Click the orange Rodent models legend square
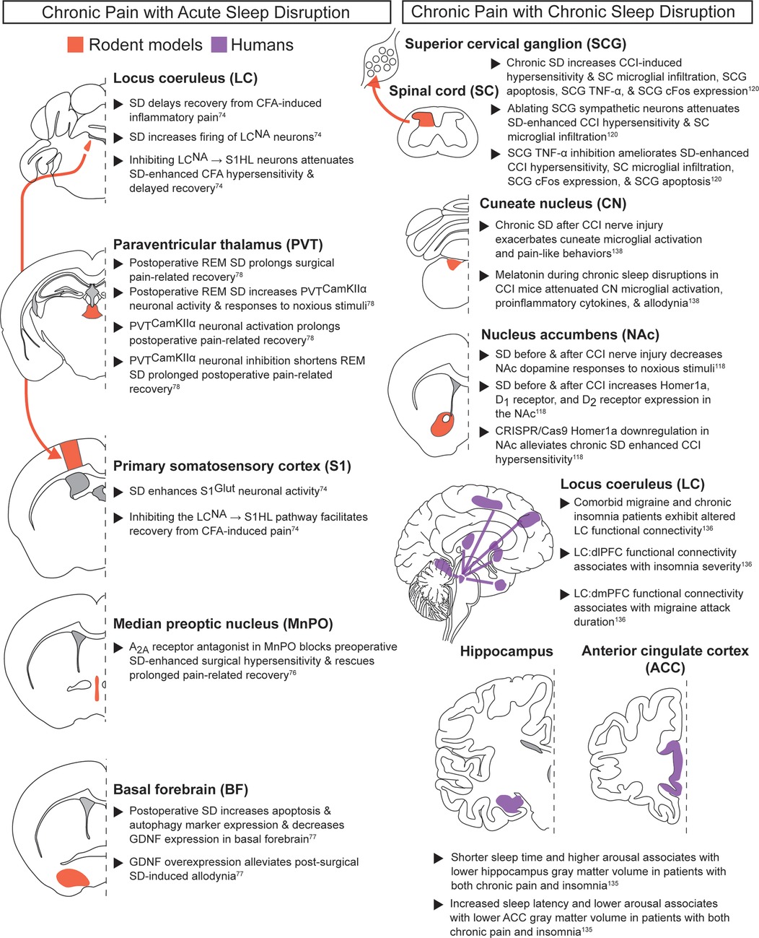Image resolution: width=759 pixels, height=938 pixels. [x=75, y=45]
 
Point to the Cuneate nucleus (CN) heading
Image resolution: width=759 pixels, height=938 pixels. [x=553, y=204]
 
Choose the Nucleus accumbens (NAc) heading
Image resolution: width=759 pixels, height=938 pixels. [x=560, y=334]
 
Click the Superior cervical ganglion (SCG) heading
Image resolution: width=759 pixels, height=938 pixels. [x=515, y=44]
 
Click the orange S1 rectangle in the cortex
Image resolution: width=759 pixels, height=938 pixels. [x=71, y=455]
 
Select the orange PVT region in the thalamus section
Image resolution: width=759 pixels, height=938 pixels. [x=94, y=313]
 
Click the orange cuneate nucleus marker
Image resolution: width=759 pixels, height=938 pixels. [x=452, y=264]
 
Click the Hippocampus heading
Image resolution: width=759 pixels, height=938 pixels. [x=506, y=651]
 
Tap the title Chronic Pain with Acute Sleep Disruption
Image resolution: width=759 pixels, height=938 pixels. [x=196, y=13]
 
